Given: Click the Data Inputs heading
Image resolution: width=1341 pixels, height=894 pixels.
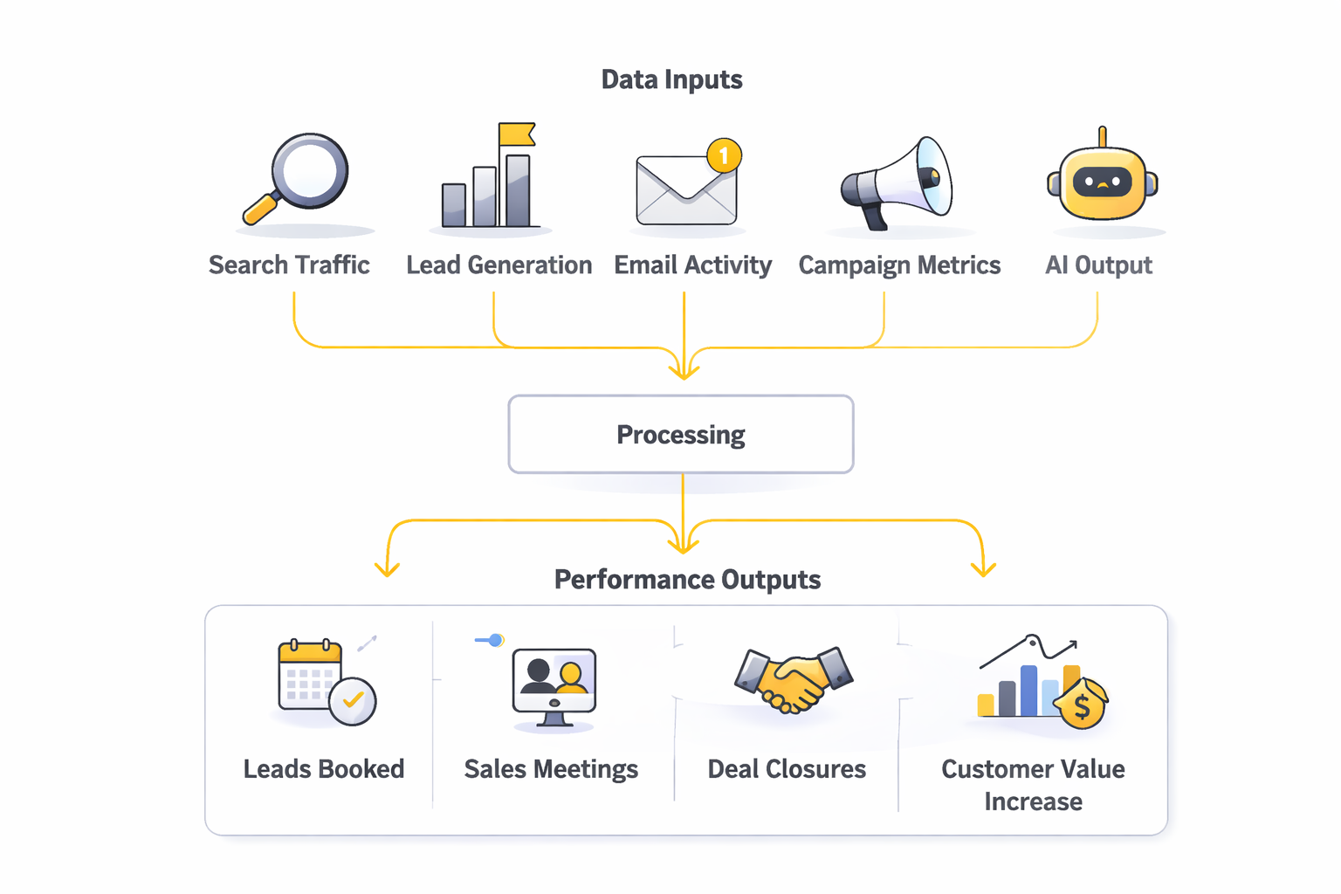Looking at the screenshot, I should [671, 79].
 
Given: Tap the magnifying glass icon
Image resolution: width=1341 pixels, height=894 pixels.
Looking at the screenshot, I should [299, 178].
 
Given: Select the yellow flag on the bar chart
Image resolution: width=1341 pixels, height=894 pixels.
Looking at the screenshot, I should [516, 134].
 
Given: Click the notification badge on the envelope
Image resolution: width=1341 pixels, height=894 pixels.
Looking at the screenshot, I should [724, 156].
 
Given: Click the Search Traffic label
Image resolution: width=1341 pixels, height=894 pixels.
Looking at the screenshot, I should [289, 265].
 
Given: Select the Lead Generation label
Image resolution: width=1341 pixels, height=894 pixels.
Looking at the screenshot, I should [499, 265].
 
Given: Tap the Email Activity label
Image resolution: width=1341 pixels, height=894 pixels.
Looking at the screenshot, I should [692, 265].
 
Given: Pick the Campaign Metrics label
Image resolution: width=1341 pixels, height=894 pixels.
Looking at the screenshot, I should [899, 265].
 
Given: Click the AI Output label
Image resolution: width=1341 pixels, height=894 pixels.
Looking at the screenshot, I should [1098, 265].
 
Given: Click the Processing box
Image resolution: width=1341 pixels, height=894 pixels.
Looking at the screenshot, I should [681, 435].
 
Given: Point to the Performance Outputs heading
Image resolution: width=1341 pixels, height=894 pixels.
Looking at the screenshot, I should [687, 580].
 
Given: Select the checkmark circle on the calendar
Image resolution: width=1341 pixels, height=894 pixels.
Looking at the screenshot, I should [353, 701].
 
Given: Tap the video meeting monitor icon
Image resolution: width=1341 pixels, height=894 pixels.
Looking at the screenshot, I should [554, 686].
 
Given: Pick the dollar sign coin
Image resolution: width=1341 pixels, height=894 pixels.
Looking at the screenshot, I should [1082, 705].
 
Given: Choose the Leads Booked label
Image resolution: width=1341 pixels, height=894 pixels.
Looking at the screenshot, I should [323, 769].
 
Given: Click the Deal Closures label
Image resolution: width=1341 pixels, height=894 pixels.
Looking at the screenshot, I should [787, 769].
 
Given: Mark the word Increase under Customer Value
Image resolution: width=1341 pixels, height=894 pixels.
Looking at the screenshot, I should [1033, 801].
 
